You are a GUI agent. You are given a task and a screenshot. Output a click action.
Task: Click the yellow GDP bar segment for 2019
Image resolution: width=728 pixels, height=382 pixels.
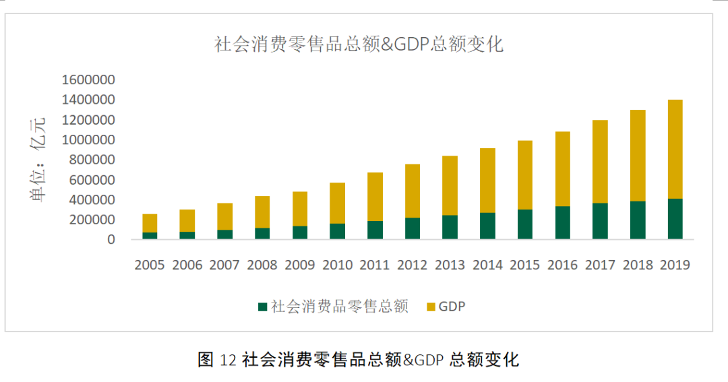675,149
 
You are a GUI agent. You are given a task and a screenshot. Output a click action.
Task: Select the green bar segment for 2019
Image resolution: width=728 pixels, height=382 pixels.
675,219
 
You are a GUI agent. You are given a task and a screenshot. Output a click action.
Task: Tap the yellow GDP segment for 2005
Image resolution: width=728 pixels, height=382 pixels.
150,223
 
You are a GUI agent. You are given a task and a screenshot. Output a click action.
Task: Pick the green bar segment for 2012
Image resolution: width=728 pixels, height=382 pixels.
413,228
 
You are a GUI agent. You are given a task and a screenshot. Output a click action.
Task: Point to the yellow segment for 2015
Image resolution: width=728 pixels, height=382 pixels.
525,175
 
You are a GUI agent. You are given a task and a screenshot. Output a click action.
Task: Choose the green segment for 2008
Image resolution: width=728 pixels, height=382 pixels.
262,234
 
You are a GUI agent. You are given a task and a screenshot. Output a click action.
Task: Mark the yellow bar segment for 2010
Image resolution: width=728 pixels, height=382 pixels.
338,203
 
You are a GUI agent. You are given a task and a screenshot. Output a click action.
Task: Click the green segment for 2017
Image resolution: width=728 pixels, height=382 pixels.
601,222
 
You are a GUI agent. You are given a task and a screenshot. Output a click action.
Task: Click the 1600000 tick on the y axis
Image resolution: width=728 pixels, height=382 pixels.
88,79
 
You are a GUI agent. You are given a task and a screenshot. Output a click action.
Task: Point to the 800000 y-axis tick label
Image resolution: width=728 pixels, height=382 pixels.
92,160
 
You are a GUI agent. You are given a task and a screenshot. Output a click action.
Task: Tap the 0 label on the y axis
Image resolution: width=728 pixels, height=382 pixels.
111,239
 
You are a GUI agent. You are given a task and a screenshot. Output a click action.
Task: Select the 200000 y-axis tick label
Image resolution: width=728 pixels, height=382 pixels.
92,220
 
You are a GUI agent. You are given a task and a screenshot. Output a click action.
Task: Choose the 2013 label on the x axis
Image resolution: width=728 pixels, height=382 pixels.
450,265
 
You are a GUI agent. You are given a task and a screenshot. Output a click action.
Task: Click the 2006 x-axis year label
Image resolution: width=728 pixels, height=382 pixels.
187,265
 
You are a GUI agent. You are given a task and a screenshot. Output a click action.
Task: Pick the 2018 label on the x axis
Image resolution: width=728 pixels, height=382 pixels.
638,265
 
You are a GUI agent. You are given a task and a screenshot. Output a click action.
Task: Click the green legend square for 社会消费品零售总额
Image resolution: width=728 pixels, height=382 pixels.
263,307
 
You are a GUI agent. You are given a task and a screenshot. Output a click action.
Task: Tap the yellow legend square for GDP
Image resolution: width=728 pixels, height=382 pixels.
431,307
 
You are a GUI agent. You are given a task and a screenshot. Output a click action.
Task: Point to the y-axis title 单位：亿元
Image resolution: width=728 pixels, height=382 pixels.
38,160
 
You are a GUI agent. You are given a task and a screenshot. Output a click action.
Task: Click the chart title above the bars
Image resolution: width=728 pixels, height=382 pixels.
359,44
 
